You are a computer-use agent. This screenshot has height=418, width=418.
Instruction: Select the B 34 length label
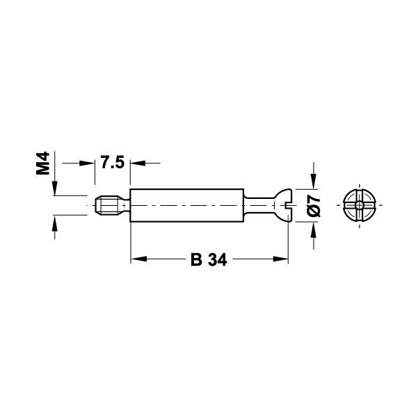pyautogui.click(x=209, y=260)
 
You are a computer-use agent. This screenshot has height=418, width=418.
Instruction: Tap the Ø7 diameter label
pyautogui.click(x=314, y=207)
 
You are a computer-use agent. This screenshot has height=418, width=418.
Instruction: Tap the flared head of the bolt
pyautogui.click(x=280, y=206)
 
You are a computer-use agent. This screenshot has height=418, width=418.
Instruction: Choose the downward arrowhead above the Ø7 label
pyautogui.click(x=314, y=183)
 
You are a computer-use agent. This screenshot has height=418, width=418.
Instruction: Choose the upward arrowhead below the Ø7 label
pyautogui.click(x=314, y=229)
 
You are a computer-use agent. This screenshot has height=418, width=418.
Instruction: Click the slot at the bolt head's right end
pyautogui.click(x=287, y=206)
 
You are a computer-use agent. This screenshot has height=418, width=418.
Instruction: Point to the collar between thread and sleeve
pyautogui.click(x=124, y=206)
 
